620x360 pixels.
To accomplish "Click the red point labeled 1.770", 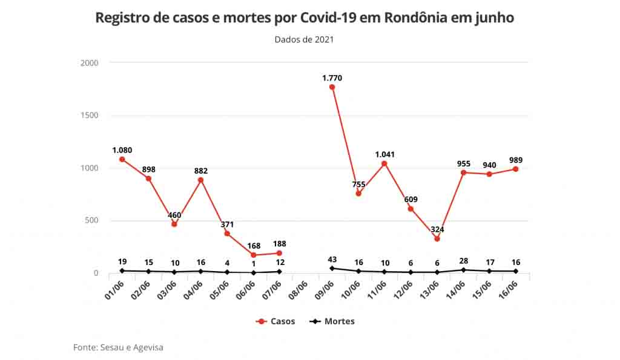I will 332,87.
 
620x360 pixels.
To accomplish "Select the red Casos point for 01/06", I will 122,159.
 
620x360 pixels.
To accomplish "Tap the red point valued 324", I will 437,238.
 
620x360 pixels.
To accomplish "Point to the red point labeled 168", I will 253,255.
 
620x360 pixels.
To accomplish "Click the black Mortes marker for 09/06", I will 332,268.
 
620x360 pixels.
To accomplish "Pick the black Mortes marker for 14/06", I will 463,270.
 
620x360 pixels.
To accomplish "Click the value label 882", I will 201,171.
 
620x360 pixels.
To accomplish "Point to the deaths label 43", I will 332,260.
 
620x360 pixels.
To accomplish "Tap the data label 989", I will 516,160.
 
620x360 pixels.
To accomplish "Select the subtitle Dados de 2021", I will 304,40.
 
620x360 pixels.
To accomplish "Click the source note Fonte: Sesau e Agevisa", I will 118,347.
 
